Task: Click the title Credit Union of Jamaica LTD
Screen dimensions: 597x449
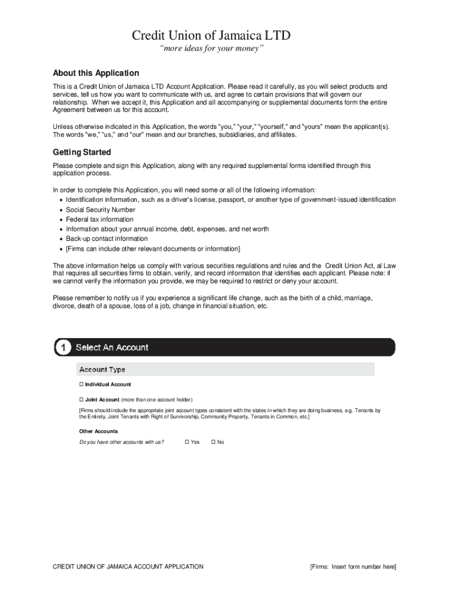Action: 211,36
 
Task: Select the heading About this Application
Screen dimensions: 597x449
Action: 96,73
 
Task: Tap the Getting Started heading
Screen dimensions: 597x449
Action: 82,152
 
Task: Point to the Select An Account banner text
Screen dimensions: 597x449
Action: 112,347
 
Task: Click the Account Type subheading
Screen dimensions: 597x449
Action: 102,370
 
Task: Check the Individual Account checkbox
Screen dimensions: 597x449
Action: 82,385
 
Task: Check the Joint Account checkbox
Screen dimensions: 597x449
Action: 82,400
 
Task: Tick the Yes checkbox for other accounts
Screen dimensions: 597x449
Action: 187,442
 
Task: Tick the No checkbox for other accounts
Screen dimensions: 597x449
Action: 213,442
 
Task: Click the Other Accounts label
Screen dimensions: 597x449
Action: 99,431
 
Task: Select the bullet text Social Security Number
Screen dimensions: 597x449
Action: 100,210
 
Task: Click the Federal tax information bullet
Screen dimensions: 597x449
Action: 99,219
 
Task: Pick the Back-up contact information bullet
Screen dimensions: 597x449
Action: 107,238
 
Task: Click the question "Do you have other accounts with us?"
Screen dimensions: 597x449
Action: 121,442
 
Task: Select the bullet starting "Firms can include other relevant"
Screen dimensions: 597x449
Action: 153,248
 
